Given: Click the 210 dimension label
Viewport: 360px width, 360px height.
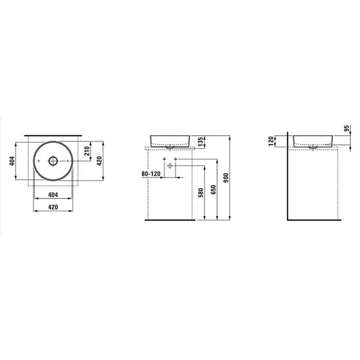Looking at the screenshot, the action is coord(87,151).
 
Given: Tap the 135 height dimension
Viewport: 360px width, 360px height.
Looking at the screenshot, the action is coord(201,142).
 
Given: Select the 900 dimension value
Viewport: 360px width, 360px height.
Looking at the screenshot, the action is coord(226,178).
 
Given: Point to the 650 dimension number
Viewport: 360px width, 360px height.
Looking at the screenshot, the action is coord(213,190).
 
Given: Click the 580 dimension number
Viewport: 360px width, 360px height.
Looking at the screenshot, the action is coord(201,193).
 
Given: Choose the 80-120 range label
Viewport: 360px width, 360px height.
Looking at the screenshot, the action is coord(151,174).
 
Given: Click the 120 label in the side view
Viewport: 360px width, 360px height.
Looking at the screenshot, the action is coord(271,141).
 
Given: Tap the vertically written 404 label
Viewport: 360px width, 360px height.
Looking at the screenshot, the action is coord(12,161).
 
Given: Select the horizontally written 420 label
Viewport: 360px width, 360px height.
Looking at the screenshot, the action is coord(53,207).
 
